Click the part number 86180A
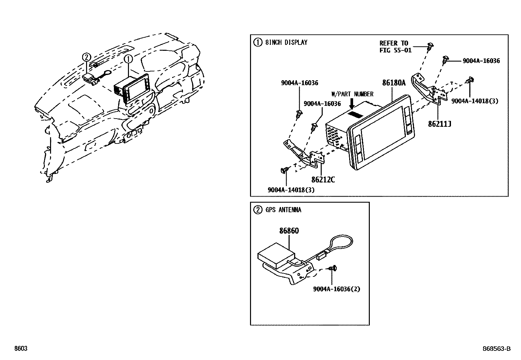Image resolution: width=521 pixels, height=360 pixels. pyautogui.click(x=394, y=83)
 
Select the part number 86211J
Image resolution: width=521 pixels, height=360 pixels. pyautogui.click(x=440, y=124)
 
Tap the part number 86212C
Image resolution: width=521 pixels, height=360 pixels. pyautogui.click(x=323, y=180)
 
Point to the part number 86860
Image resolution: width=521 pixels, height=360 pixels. pyautogui.click(x=289, y=231)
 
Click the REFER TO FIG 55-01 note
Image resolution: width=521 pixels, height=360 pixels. pyautogui.click(x=395, y=47)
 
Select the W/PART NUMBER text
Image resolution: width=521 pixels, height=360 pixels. pyautogui.click(x=352, y=94)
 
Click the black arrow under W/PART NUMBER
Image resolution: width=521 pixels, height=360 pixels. pyautogui.click(x=352, y=104)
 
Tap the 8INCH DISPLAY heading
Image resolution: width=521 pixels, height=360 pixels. pyautogui.click(x=286, y=42)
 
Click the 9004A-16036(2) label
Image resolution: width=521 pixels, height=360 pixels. pyautogui.click(x=336, y=289)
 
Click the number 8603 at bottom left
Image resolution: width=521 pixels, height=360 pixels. pyautogui.click(x=21, y=349)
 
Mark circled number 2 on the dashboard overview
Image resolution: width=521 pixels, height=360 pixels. pyautogui.click(x=86, y=57)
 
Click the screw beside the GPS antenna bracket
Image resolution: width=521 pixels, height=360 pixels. pyautogui.click(x=333, y=268)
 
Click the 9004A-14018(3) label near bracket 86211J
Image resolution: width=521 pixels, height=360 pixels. pyautogui.click(x=475, y=101)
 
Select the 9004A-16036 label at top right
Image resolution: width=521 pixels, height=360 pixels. pyautogui.click(x=481, y=61)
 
